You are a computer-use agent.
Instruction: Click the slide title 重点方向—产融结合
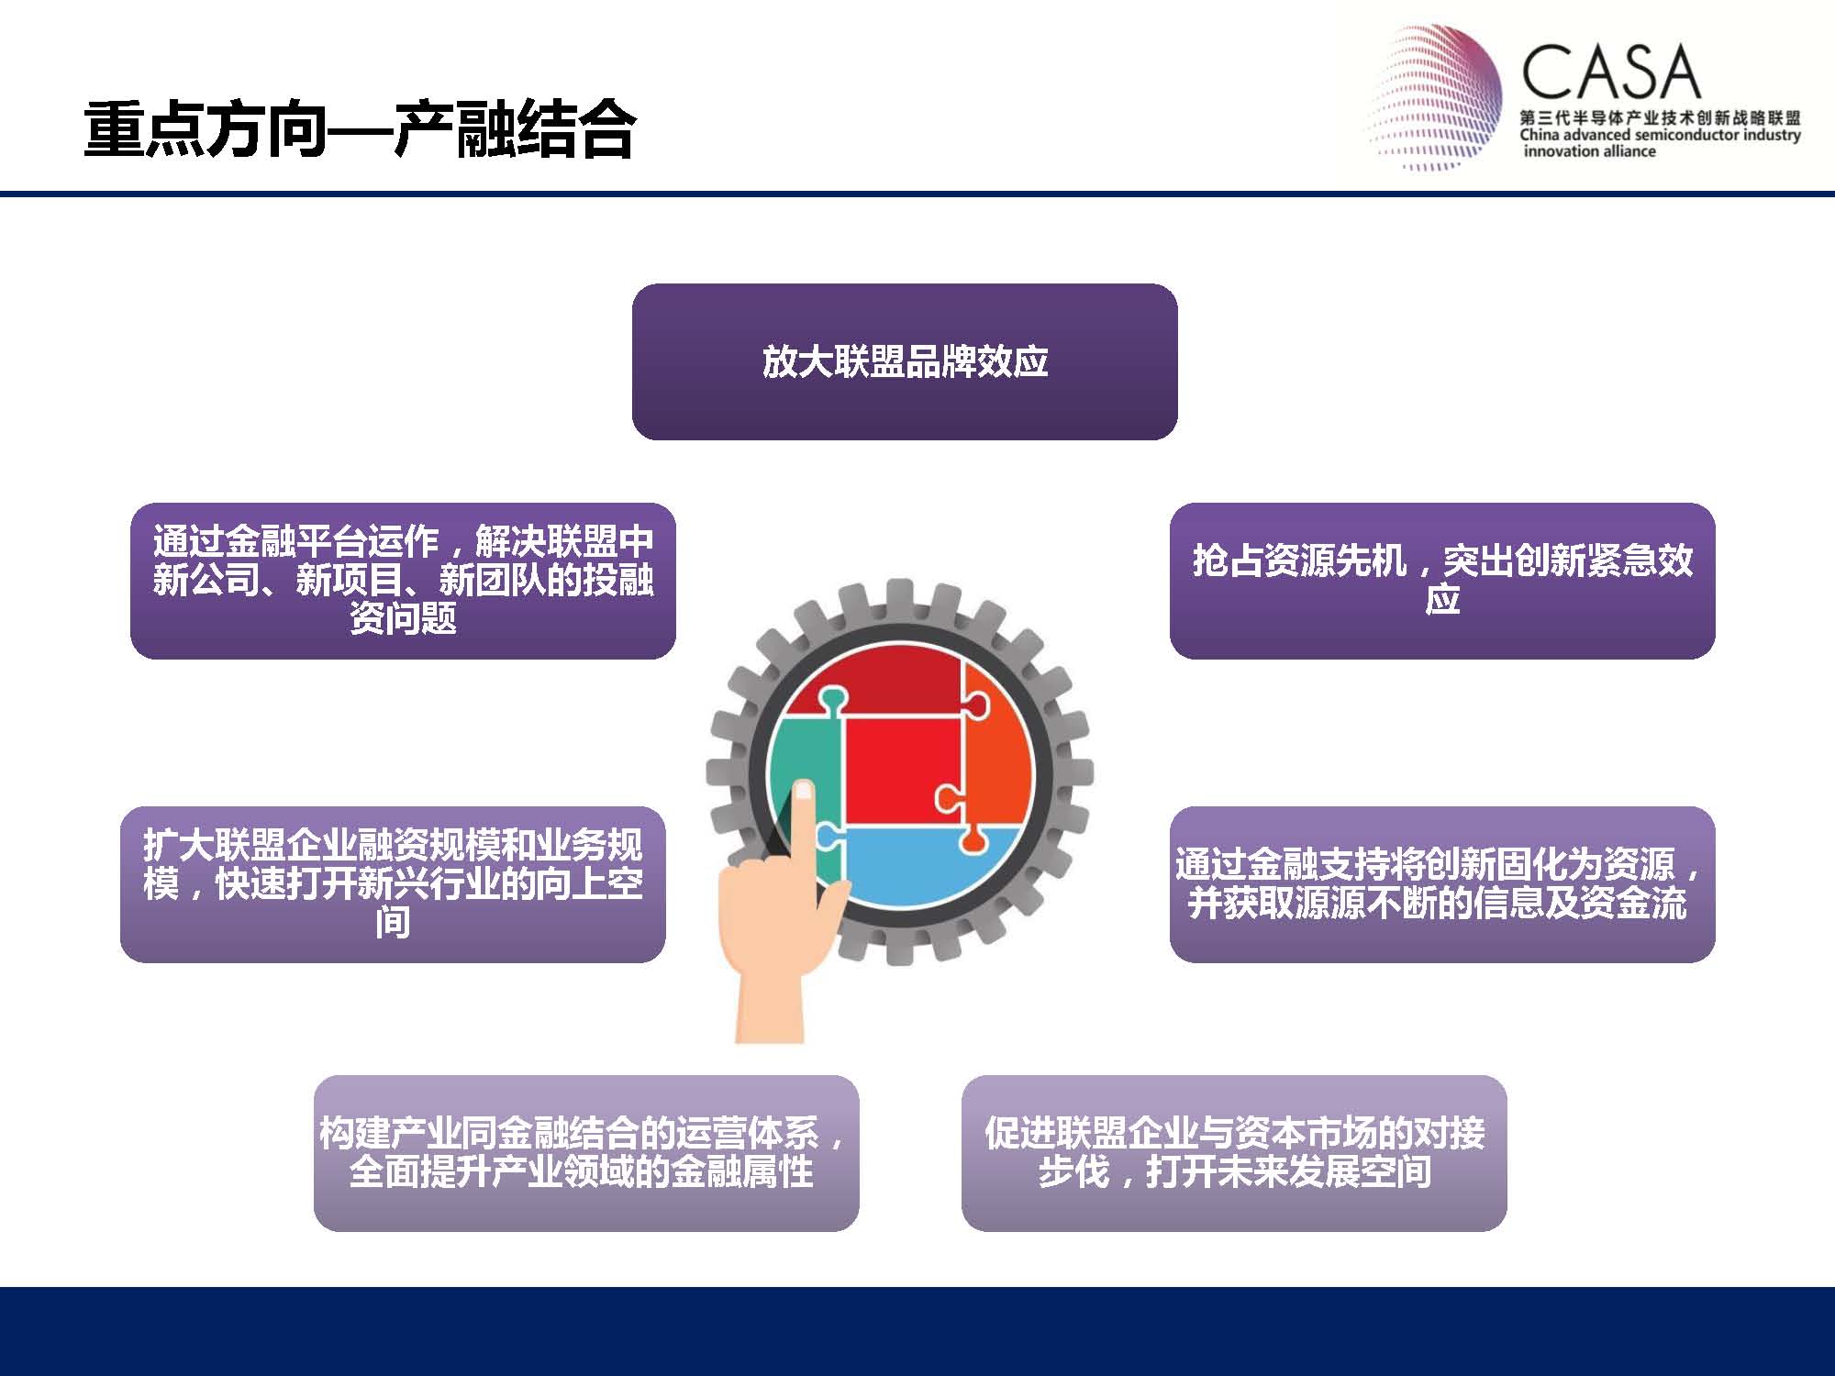[359, 130]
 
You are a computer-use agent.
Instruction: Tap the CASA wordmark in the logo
[1611, 72]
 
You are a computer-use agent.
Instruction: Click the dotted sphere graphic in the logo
[1435, 96]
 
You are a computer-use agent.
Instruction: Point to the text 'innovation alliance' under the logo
[1589, 151]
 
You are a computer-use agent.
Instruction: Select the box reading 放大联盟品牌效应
[905, 361]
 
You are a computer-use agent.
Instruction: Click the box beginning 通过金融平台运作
[403, 581]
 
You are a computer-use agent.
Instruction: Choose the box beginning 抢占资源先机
[1442, 581]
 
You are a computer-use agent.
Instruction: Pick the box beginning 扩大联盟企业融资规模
[393, 884]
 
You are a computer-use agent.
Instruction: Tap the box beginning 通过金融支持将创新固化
[1442, 884]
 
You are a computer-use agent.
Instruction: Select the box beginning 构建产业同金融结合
[586, 1153]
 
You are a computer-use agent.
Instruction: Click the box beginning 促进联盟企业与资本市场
[1234, 1153]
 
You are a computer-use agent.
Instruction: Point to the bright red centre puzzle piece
[904, 769]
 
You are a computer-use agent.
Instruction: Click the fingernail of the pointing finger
[804, 790]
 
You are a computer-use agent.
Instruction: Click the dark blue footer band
[917, 1331]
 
